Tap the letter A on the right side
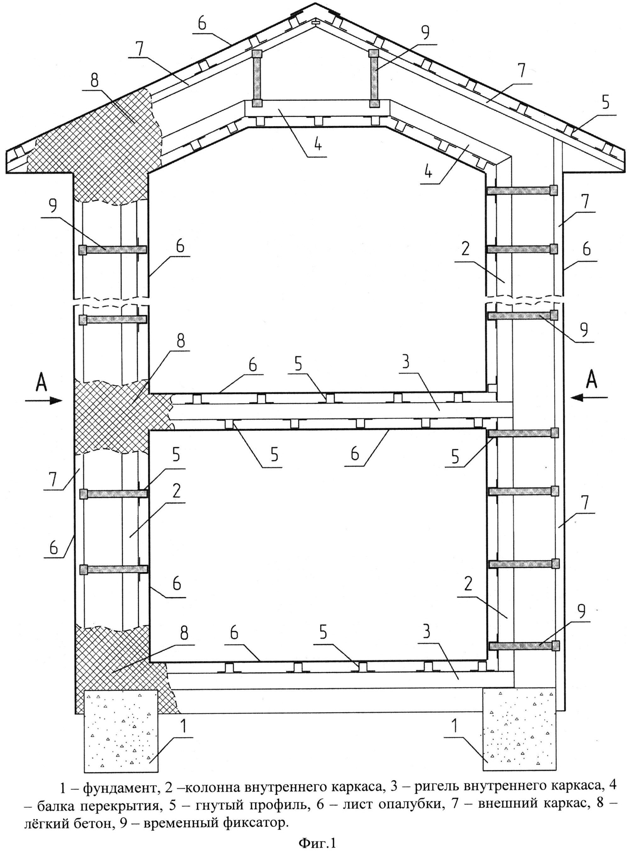pos(591,380)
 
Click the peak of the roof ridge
pos(315,4)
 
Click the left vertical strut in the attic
pos(257,78)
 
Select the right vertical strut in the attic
pos(374,78)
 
